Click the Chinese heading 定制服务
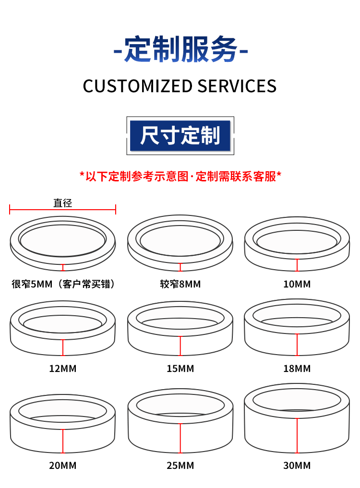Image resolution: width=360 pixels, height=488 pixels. (180, 50)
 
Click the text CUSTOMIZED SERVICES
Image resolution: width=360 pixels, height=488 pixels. (180, 86)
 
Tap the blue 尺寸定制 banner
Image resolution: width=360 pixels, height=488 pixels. (180, 136)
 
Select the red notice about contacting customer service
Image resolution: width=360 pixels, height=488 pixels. (180, 177)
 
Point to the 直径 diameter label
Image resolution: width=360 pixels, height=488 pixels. (62, 203)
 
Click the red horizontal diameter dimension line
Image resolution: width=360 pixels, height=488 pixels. (62, 209)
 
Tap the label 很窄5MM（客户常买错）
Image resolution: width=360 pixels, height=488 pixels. (63, 284)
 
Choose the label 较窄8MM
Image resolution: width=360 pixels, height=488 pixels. (180, 284)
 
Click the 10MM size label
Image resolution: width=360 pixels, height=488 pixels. (297, 284)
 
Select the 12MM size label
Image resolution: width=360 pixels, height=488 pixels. (63, 369)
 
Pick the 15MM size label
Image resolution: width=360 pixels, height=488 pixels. (180, 369)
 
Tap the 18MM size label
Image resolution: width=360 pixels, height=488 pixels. (297, 369)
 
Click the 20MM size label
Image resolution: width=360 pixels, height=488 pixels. (63, 465)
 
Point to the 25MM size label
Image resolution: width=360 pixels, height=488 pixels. (180, 465)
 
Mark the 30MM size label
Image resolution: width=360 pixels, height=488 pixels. (297, 465)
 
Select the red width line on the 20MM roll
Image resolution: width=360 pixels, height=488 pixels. (63, 441)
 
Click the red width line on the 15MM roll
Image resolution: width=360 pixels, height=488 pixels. (180, 345)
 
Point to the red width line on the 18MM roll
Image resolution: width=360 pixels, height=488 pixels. (297, 345)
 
